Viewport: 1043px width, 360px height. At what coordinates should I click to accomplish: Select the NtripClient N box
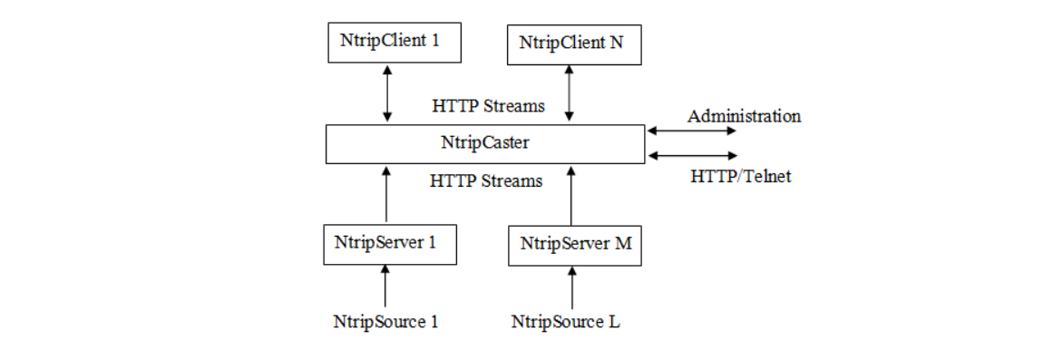pos(573,44)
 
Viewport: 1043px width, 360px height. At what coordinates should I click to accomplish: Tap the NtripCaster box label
pos(484,142)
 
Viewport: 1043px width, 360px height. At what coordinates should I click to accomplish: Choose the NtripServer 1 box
pos(389,244)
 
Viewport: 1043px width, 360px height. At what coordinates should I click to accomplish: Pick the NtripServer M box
pos(574,245)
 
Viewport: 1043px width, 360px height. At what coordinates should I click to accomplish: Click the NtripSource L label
pos(566,322)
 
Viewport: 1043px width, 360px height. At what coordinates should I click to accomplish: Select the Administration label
pos(744,116)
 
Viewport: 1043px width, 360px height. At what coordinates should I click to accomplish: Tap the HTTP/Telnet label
pos(740,177)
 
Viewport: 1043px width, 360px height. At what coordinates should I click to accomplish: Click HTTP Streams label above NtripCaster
pos(488,106)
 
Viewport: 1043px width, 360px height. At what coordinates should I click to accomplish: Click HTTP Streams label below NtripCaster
pos(486,180)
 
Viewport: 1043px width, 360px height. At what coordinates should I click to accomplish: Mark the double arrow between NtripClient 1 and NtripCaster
pos(387,92)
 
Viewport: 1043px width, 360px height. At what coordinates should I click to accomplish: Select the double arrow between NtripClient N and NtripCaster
pos(570,93)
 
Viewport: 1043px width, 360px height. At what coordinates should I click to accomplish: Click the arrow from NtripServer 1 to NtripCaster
pos(386,194)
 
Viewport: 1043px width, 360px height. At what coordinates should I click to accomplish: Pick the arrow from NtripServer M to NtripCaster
pos(570,195)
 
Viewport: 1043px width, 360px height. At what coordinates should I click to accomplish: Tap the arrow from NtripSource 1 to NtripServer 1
pos(385,286)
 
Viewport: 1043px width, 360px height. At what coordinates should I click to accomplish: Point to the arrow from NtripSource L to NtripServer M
pos(571,287)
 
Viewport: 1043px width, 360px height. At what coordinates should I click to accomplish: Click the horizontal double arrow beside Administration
pos(691,131)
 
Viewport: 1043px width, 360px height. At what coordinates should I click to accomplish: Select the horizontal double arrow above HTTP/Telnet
pos(691,156)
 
